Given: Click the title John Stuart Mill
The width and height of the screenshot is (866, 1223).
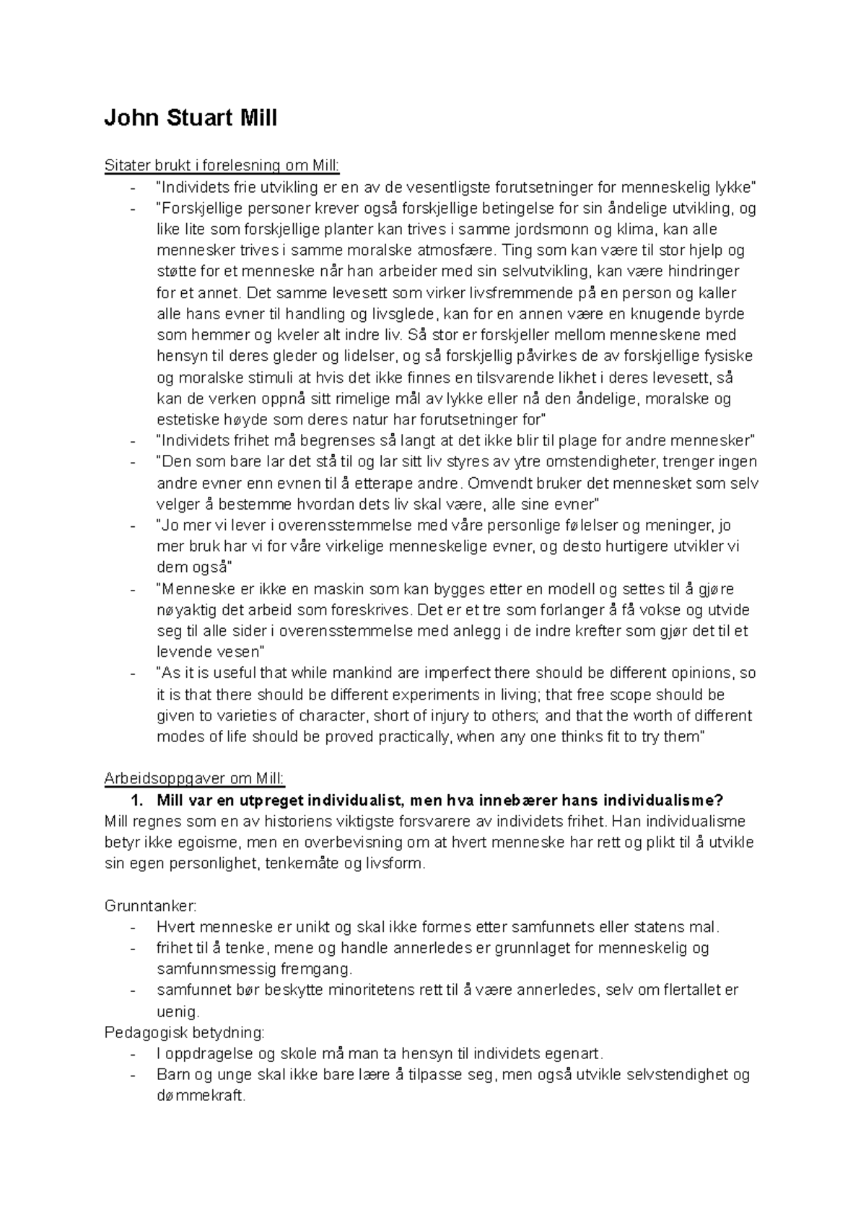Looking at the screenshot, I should [x=191, y=118].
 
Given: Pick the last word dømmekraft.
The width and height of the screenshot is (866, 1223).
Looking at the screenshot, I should [x=201, y=1096].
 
